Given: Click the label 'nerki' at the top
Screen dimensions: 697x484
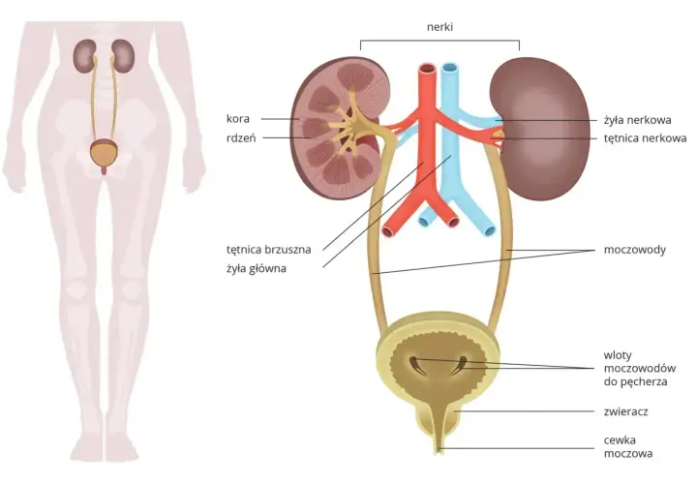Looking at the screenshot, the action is (439, 27).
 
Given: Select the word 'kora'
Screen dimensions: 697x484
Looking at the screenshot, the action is (238, 119).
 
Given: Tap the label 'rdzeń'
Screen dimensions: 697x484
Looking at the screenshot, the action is (241, 137).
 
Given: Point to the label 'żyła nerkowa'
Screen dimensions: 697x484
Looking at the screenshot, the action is (637, 120).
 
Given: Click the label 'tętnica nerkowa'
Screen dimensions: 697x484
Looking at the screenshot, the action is (645, 138).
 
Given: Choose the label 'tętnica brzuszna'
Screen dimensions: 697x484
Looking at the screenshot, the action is (268, 250).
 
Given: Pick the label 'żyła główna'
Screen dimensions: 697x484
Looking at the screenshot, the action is (256, 268).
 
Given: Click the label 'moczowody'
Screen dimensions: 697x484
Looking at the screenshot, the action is (634, 250).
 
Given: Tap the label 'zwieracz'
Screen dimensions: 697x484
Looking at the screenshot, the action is (625, 411).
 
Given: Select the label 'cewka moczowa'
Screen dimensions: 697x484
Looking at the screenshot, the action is (628, 446).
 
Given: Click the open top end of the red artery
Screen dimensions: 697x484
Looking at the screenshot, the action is (428, 68).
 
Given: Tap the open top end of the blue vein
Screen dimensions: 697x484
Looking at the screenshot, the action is (450, 68).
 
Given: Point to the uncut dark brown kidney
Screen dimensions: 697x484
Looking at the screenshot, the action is (540, 129).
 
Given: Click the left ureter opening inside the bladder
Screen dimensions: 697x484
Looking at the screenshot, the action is (414, 364).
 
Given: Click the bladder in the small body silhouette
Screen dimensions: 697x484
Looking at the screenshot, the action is (105, 152).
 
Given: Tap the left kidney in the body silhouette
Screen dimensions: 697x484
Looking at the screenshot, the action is (85, 56).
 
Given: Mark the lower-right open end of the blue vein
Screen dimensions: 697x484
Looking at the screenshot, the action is (490, 230).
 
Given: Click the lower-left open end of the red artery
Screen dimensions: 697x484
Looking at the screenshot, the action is (387, 231).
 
